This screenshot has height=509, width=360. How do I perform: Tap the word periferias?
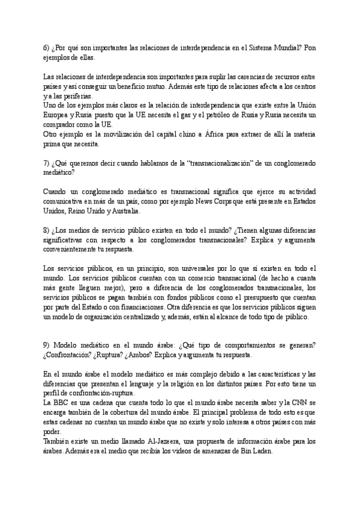(76, 96)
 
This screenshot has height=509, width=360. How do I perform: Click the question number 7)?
(48, 163)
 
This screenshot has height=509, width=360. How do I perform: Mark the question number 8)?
(48, 230)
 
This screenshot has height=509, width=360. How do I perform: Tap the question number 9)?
(48, 345)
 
